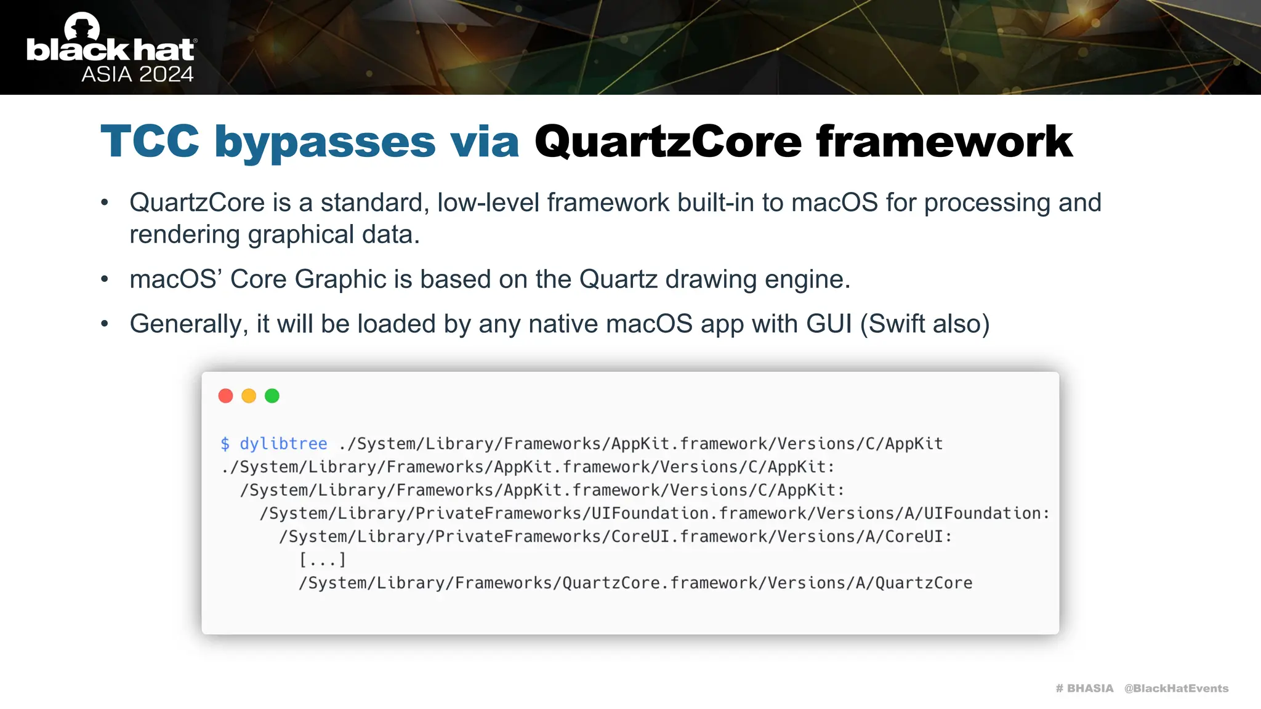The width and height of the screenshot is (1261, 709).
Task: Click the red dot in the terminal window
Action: pos(225,396)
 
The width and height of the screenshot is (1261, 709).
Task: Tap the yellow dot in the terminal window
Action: pos(249,396)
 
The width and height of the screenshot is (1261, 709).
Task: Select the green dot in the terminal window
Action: pos(272,396)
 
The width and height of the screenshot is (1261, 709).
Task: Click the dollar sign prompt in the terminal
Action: pos(225,444)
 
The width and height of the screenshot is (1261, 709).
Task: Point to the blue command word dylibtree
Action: pos(283,444)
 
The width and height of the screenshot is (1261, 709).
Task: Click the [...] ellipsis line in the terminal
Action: pos(323,560)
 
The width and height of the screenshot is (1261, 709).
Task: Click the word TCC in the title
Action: pos(150,142)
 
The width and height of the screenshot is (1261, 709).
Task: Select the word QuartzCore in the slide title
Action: pos(668,142)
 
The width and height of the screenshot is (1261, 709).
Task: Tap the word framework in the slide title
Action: pos(945,142)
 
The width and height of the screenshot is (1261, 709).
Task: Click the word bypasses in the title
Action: pos(325,142)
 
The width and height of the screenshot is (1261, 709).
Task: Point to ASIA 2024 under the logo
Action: pos(137,74)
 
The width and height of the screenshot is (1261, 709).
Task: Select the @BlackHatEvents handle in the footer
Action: pos(1176,688)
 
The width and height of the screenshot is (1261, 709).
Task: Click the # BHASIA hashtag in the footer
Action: pos(1084,688)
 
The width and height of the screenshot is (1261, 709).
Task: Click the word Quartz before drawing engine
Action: pos(618,279)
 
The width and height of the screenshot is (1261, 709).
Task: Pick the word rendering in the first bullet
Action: pos(185,235)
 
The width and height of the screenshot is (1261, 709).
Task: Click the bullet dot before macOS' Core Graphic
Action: pos(105,279)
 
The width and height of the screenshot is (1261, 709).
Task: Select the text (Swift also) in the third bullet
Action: pos(925,324)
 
